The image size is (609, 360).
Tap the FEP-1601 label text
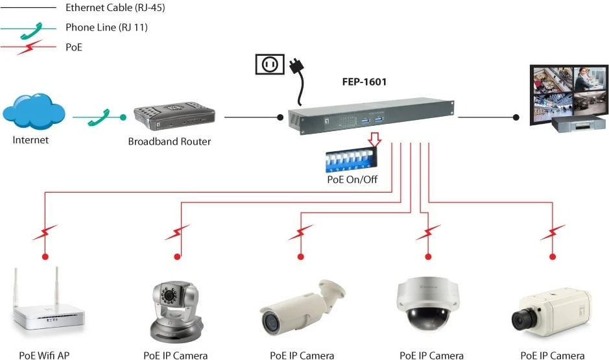click(x=364, y=82)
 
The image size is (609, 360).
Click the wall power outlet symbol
click(x=270, y=64)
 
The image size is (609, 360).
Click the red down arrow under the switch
click(x=374, y=138)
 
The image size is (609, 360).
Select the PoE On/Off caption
click(x=352, y=180)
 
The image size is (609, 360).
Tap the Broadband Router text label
click(x=169, y=141)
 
